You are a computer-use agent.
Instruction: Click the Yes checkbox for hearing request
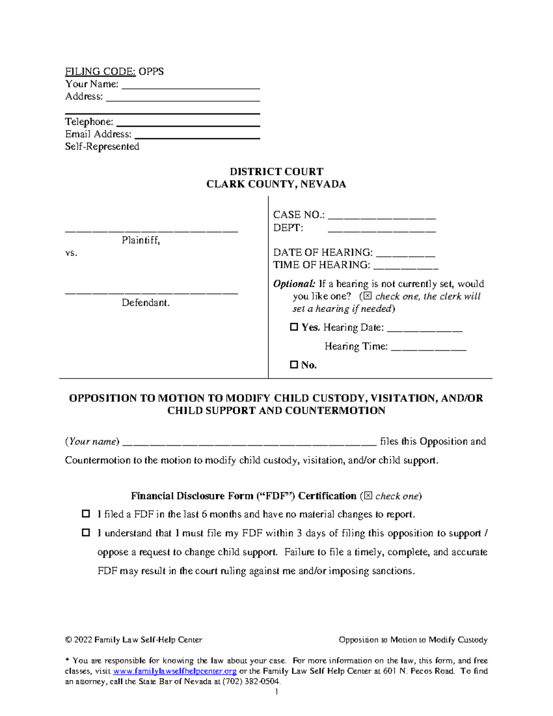[x=294, y=327]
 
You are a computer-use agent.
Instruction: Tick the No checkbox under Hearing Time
[x=294, y=365]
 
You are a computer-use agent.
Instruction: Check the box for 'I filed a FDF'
[x=86, y=514]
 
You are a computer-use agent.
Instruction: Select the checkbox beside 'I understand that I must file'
[x=86, y=533]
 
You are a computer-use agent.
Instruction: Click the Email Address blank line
[x=197, y=135]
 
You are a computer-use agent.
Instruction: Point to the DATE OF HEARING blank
[x=406, y=253]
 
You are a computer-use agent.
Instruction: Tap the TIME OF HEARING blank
[x=406, y=266]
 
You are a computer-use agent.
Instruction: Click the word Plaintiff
[x=141, y=240]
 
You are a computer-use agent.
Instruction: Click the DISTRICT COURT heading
[x=276, y=172]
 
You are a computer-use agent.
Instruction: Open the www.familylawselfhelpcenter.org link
[x=175, y=671]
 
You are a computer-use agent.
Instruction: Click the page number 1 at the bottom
[x=276, y=692]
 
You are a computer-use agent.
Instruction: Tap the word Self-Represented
[x=102, y=147]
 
